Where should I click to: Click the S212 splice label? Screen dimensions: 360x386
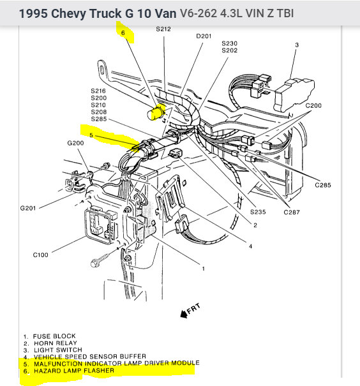pos(163,29)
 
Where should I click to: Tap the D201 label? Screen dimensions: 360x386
pos(204,36)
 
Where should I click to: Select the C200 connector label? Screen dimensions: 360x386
pos(313,106)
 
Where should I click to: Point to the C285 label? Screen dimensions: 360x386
pos(323,185)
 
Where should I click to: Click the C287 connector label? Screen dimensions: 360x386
pos(292,212)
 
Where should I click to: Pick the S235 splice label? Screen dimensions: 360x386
pos(258,212)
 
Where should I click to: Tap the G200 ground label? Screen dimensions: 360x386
pos(75,143)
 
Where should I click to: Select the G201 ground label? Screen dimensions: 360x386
pos(28,208)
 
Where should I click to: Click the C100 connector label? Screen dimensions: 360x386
pos(41,255)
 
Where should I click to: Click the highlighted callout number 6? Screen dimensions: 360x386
pos(123,33)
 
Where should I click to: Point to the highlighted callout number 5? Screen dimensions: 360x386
pos(91,135)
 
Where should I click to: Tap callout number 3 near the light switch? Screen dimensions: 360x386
pos(297,45)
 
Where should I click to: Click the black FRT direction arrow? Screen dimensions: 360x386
pos(184,314)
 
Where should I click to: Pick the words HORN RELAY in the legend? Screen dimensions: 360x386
pos(56,343)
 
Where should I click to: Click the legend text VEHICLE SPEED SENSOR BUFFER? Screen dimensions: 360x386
pos(90,357)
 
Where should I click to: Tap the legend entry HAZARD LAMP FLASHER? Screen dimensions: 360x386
pos(74,371)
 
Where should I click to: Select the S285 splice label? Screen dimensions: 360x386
pos(99,119)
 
